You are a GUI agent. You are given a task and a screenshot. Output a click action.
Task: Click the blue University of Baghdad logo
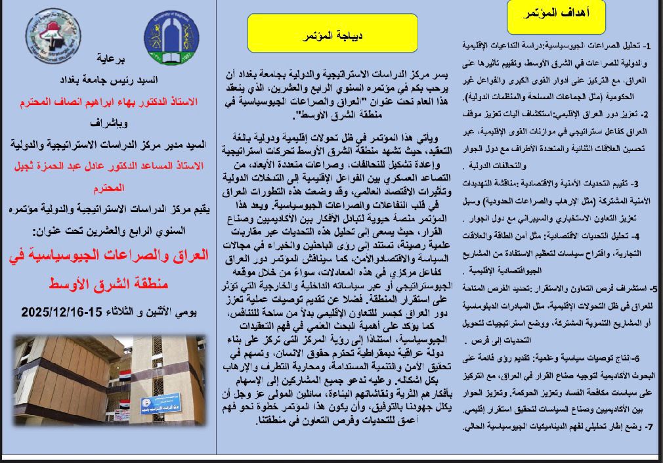point(171,37)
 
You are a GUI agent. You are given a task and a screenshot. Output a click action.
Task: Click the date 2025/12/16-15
point(61,312)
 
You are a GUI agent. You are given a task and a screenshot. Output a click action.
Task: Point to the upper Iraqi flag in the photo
point(124,378)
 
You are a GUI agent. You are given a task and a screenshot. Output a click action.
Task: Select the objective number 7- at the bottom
point(647,427)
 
